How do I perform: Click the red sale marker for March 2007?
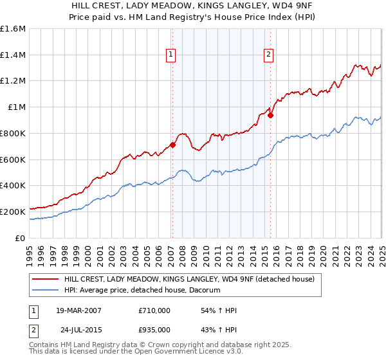tap(172, 145)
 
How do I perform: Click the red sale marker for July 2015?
tap(271, 116)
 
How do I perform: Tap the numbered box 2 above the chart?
tap(268, 55)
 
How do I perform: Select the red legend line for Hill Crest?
tap(46, 279)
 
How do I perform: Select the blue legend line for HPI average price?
tap(46, 291)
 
